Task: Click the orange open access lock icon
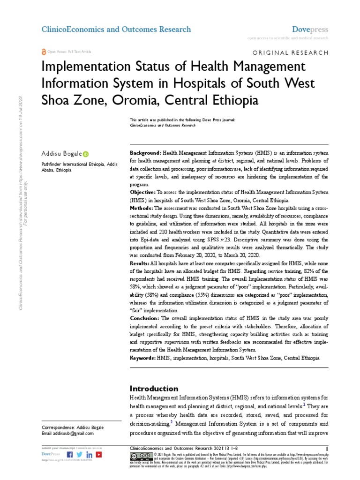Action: click(44, 52)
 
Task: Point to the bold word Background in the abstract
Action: click(145, 153)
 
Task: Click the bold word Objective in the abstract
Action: click(142, 192)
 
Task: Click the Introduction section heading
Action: click(154, 389)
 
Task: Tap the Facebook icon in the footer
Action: click(70, 454)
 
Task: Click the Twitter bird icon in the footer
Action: click(79, 454)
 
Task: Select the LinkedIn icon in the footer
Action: click(89, 454)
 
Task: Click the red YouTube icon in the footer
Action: click(98, 454)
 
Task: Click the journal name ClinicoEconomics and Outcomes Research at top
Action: click(116, 30)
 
